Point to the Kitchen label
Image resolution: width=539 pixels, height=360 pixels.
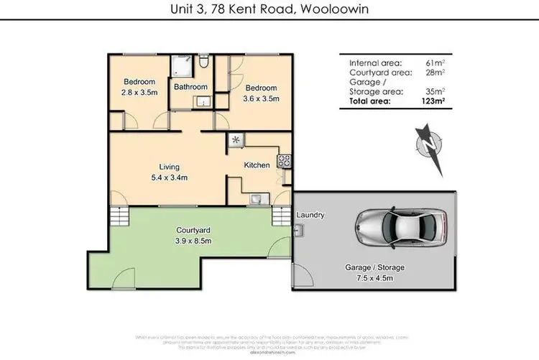tap(257, 165)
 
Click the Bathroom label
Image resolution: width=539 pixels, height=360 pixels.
tap(190, 88)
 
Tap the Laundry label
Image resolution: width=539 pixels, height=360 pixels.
tap(310, 215)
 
